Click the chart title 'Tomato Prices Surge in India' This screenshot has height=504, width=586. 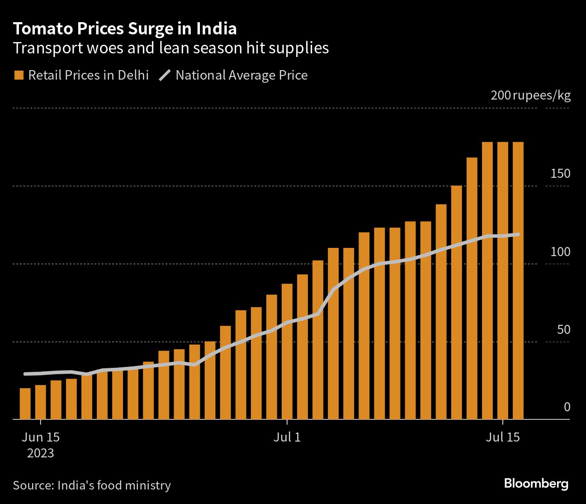125,29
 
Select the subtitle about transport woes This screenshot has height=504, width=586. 171,48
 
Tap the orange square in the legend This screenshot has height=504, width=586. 19,75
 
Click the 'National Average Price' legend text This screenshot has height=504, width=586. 241,75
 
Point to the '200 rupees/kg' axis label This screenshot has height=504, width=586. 530,95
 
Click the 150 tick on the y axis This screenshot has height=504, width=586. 560,174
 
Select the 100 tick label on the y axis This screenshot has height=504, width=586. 560,252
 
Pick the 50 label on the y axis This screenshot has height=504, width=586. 563,330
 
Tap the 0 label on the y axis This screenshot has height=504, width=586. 567,407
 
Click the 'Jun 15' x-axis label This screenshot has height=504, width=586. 41,437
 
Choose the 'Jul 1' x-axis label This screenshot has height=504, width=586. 287,437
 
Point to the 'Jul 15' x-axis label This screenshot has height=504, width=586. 503,437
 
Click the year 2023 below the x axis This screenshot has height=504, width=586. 41,453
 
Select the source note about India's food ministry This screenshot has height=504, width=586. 92,485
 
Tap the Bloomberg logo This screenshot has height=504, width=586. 536,483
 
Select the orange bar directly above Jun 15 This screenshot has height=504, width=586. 41,402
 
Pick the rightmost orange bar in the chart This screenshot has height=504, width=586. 518,281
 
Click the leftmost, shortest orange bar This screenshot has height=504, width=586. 25,404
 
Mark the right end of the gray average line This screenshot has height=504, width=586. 518,234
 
